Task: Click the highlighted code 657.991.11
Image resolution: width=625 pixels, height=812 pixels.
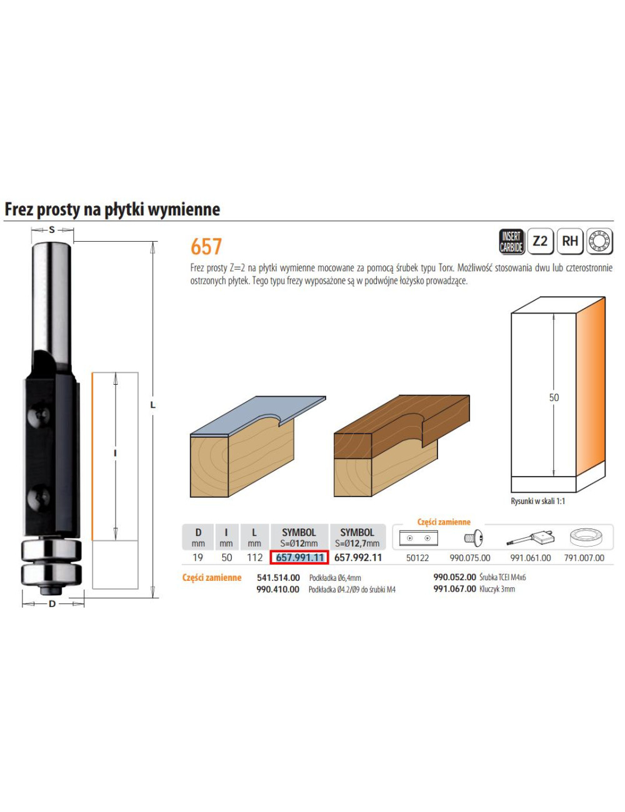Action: pyautogui.click(x=299, y=558)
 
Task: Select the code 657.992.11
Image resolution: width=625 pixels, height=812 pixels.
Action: pyautogui.click(x=358, y=558)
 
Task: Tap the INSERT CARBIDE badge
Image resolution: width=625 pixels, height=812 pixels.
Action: pyautogui.click(x=511, y=241)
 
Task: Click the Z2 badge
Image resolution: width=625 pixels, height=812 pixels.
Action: pyautogui.click(x=540, y=241)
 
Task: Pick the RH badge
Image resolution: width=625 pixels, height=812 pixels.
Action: pyautogui.click(x=569, y=241)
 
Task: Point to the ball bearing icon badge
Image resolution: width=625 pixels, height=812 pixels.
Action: pyautogui.click(x=599, y=241)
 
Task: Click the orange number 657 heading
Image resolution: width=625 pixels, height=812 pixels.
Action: pyautogui.click(x=206, y=247)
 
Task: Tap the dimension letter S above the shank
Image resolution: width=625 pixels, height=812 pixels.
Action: pyautogui.click(x=52, y=230)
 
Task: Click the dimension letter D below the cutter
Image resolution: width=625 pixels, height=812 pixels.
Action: pyautogui.click(x=52, y=603)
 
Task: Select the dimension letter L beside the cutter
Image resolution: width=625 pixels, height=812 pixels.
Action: pyautogui.click(x=152, y=405)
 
